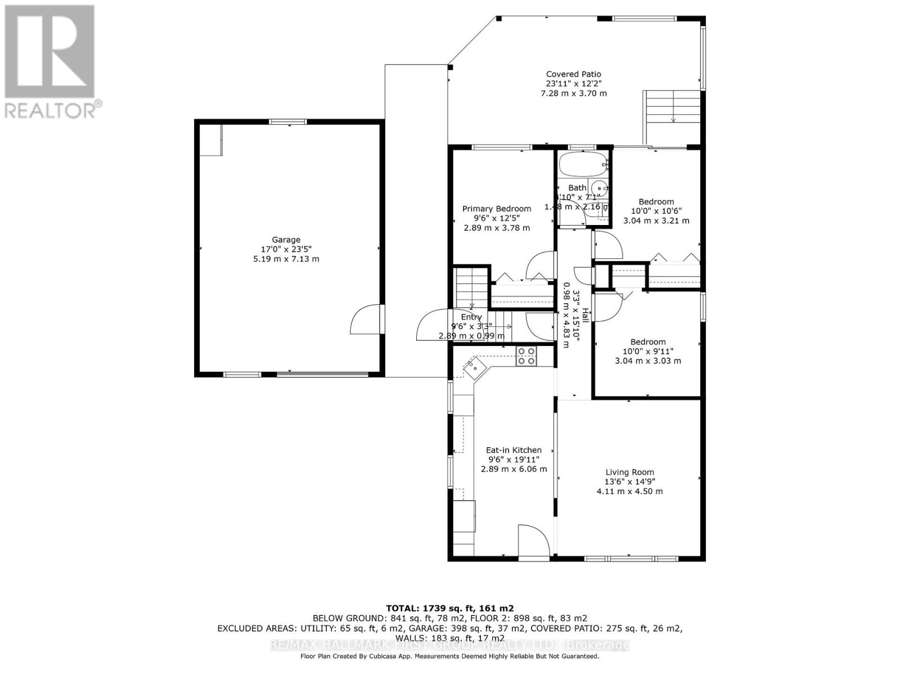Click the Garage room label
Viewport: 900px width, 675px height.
tap(286, 240)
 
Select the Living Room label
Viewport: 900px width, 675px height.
tap(629, 472)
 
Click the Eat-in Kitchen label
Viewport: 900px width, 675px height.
tap(514, 450)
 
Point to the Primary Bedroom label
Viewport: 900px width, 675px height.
tap(497, 209)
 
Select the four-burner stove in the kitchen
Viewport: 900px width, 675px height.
tap(526, 357)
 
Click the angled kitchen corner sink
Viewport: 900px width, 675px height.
tap(475, 368)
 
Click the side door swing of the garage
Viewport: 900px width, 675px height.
tap(366, 321)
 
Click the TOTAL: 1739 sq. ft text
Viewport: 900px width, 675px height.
tap(449, 608)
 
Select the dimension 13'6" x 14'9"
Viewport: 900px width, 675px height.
tap(629, 481)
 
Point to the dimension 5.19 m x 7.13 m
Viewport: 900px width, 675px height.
tap(286, 259)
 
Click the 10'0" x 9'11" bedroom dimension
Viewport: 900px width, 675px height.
tap(647, 351)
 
